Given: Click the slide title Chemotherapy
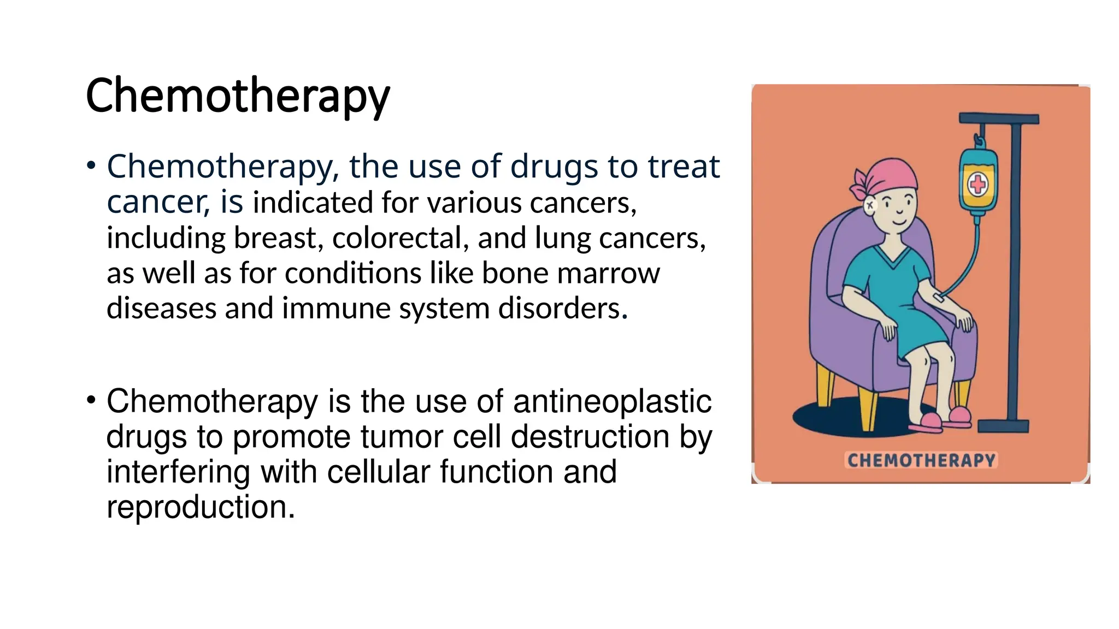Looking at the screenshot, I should (238, 96).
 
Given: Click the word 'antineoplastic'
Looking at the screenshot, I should (612, 401).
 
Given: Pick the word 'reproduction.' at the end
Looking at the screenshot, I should (201, 507).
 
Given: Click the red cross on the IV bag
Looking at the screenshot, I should (978, 185).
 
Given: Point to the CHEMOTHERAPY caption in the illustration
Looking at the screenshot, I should (921, 460).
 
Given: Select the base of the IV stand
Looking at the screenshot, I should (1003, 426).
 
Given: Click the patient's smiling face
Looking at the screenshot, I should (897, 210).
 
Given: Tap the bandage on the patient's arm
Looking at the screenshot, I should (939, 298).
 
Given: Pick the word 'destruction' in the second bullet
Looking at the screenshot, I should (590, 437).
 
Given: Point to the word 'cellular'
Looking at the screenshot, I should (379, 472).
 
